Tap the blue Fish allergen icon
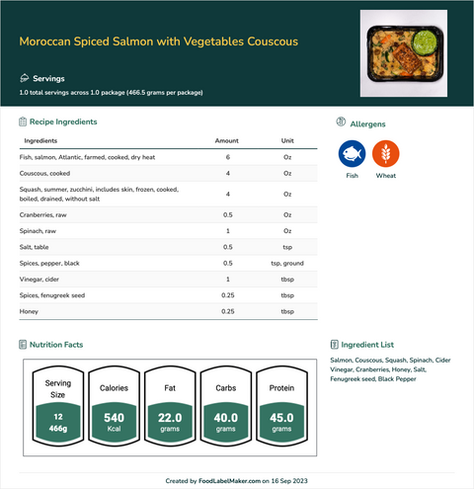352,154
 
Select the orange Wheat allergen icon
386,154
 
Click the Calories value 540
114,418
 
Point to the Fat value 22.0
170,418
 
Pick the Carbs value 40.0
226,418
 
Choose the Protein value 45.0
281,418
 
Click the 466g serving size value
57,431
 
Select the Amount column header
227,141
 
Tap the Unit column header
287,141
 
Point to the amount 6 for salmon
227,157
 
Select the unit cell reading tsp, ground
287,263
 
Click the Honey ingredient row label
31,311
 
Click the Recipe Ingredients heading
63,122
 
